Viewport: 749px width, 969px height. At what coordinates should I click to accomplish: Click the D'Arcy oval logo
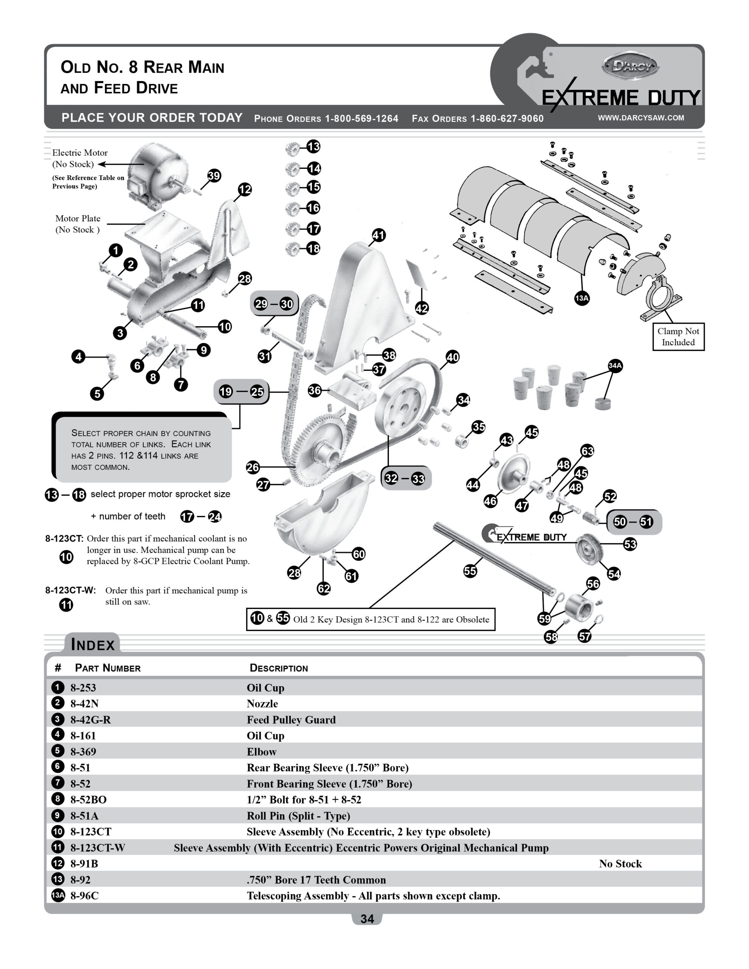coord(630,67)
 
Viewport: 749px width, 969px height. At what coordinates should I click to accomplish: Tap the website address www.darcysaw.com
coord(641,118)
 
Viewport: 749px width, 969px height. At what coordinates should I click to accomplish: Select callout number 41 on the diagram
coord(378,235)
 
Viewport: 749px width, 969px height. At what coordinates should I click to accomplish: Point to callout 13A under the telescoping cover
coord(582,298)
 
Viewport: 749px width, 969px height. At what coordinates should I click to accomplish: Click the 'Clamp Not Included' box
coord(678,337)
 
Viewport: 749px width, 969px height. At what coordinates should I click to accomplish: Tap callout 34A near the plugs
coord(615,366)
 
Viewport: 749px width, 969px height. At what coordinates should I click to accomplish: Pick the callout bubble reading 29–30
coord(274,304)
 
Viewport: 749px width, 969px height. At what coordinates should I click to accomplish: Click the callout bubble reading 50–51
coord(633,522)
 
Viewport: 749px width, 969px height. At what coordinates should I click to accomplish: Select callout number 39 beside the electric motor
coord(214,176)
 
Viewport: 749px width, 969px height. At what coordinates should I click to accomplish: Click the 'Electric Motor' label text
coord(80,153)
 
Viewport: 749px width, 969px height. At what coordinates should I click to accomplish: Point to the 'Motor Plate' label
coord(78,218)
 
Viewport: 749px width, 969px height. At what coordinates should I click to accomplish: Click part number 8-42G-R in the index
coord(91,720)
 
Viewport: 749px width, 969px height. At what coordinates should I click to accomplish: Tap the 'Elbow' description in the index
coord(262,752)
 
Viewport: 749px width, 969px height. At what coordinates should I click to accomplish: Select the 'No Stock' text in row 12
coord(620,863)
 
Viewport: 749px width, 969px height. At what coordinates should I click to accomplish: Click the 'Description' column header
coord(278,668)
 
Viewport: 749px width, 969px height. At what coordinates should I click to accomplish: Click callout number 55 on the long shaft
coord(470,571)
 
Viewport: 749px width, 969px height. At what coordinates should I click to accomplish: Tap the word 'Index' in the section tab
coord(93,644)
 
